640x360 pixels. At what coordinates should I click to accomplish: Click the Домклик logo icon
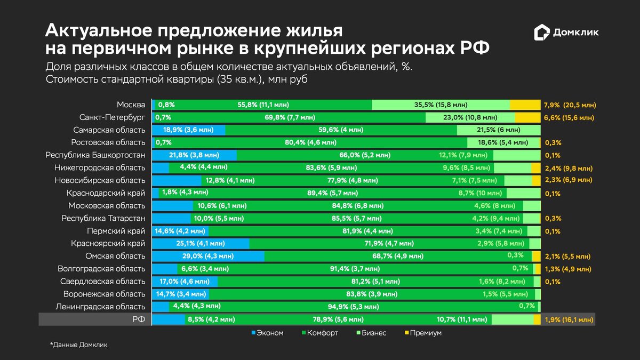542,33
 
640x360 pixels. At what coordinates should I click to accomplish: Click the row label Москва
131,105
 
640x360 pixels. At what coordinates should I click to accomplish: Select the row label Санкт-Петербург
112,117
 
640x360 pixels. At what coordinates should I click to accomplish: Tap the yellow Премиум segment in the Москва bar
525,105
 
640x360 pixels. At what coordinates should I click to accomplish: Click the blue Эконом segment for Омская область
208,257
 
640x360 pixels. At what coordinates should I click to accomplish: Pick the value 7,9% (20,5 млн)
570,105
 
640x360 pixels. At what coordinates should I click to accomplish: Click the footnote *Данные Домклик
78,345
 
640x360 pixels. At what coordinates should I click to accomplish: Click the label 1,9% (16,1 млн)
568,320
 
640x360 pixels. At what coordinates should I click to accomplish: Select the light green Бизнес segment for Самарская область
499,130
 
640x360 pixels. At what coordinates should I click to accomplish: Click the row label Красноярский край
108,244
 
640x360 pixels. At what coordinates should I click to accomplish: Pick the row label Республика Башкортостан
95,155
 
